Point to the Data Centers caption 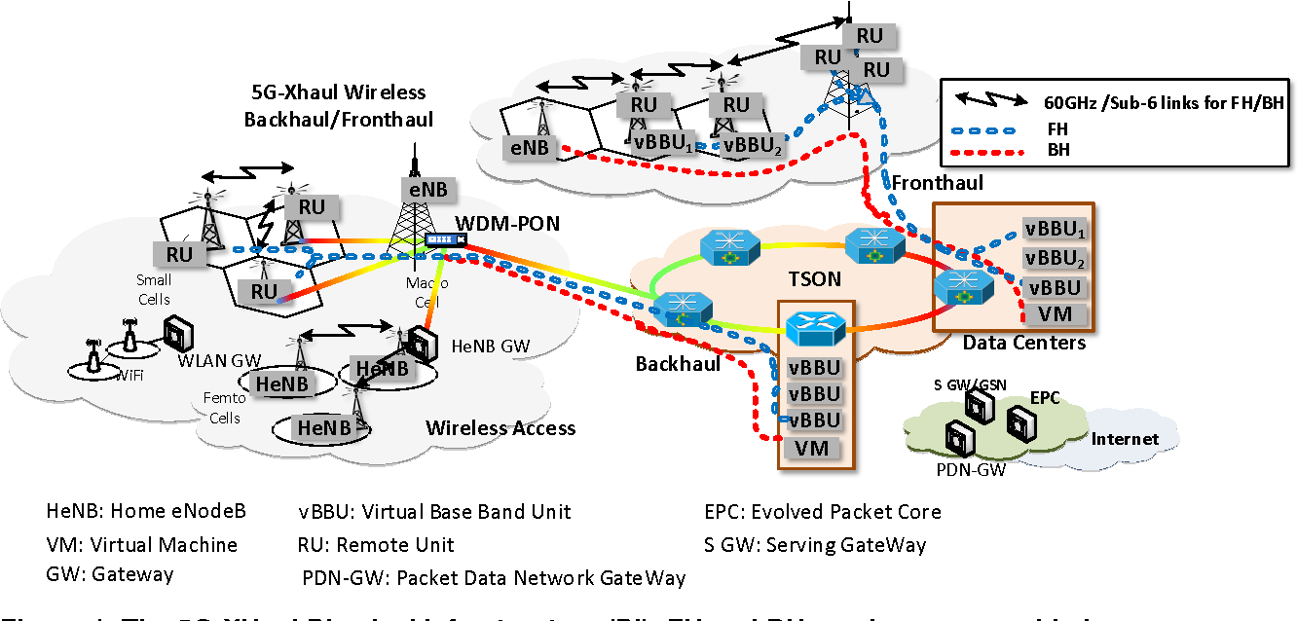1023,343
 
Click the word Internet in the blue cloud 1125,438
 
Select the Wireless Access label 500,428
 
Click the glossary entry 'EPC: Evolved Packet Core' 823,512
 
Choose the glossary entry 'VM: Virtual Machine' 141,545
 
